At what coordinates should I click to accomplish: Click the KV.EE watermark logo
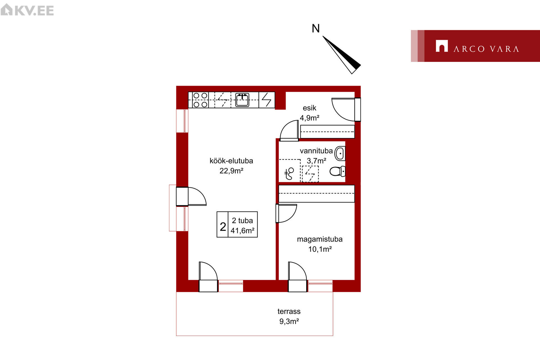coord(27,10)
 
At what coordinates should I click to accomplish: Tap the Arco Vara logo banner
coord(475,46)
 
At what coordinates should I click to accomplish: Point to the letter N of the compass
coord(316,28)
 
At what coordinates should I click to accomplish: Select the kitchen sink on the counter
coord(242,100)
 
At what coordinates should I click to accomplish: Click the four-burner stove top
coord(200,100)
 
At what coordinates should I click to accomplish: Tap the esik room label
coord(309,108)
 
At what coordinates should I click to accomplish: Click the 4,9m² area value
coord(309,118)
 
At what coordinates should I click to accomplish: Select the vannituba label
coord(316,151)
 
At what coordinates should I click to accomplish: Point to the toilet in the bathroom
coord(337,171)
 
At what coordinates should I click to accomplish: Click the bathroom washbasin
coord(340,153)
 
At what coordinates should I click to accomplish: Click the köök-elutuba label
coord(231,161)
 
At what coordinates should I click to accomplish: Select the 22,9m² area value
coord(231,171)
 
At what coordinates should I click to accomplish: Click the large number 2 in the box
coord(223,226)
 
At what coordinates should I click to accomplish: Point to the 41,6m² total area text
coord(242,231)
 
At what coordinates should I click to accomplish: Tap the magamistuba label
coord(320,239)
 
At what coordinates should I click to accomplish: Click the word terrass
coord(289,311)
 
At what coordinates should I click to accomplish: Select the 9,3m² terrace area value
coord(289,321)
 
